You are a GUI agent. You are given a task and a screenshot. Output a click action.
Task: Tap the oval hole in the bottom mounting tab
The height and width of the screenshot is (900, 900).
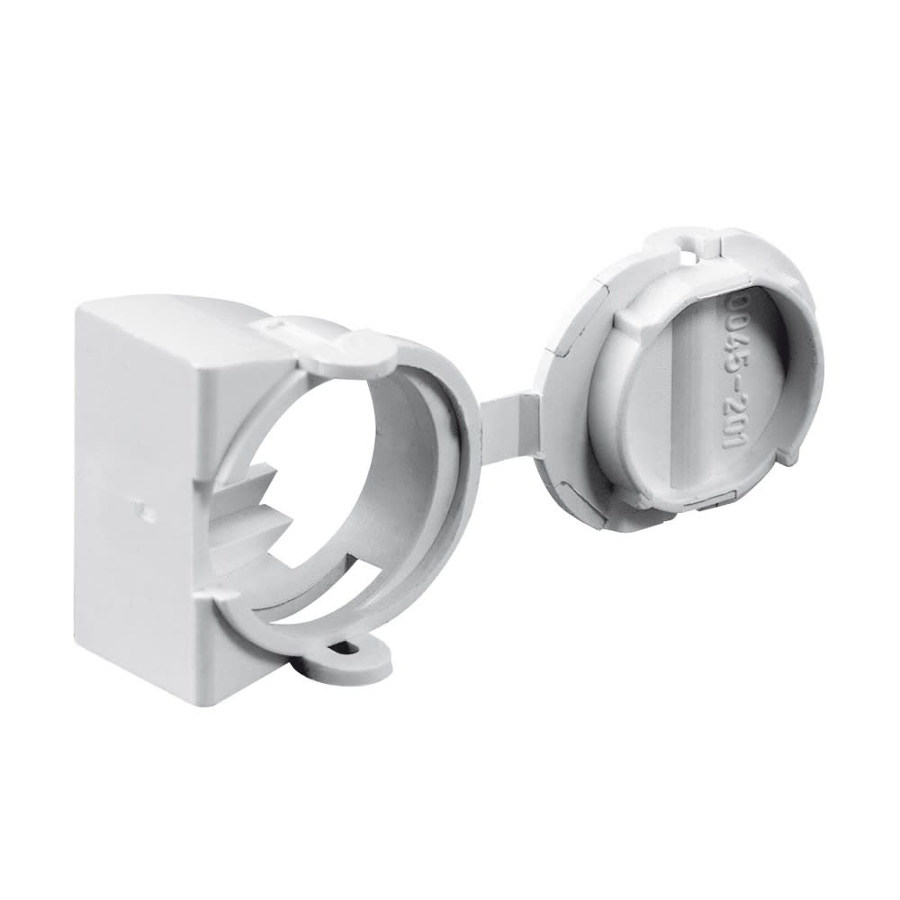point(346,646)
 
